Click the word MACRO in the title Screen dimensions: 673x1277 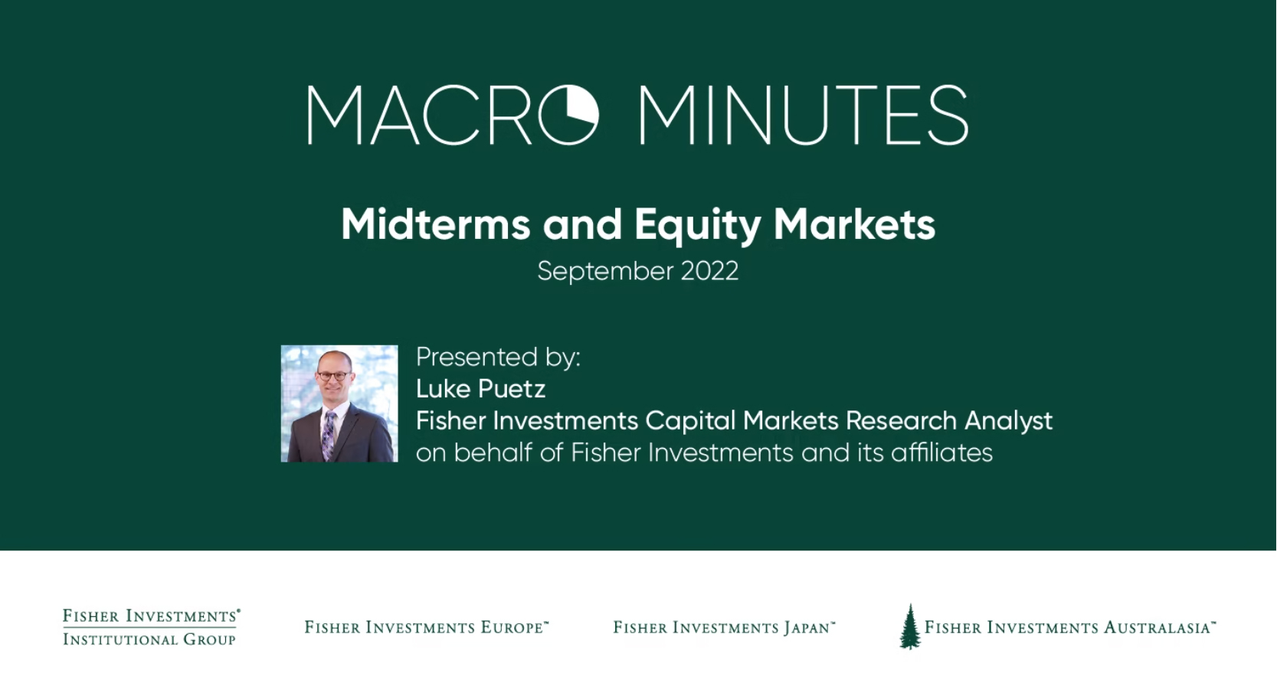452,116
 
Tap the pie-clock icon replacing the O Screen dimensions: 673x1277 568,116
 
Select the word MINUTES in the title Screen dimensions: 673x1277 803,116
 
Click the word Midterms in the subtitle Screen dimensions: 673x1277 435,224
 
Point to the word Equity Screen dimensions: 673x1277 697,224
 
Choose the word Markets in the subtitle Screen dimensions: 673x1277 854,224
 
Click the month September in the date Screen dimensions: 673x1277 604,271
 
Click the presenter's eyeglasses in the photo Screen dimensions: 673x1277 333,376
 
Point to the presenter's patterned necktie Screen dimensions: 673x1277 329,434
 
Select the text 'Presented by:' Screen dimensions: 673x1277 498,357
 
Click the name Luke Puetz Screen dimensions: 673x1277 480,389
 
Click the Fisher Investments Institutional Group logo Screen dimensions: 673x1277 151,627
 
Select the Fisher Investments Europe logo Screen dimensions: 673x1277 427,628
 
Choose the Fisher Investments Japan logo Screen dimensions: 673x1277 724,628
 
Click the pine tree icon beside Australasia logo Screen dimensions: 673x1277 910,626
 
